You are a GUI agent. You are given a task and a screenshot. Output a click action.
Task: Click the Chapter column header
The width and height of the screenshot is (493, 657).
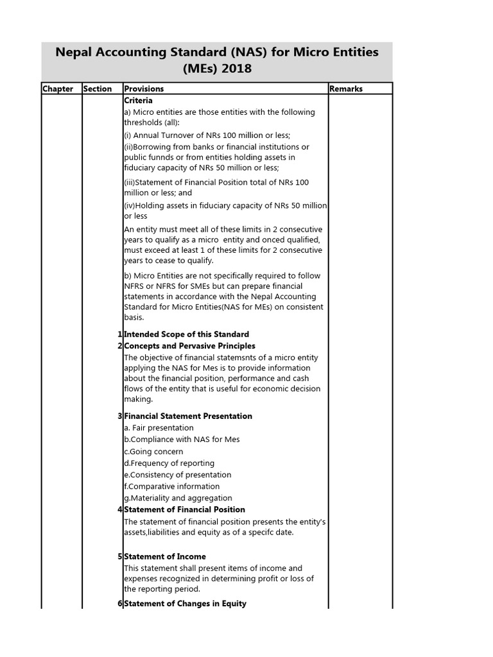58,89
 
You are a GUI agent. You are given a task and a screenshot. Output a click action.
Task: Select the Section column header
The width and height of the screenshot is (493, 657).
98,89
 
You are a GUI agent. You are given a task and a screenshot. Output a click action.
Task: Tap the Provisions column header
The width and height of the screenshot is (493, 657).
144,89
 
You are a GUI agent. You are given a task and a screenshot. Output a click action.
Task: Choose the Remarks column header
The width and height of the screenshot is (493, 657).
346,89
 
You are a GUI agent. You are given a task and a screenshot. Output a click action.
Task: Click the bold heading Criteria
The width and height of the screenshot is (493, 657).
138,101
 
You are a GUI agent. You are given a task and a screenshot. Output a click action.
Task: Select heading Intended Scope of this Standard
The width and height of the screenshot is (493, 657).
186,334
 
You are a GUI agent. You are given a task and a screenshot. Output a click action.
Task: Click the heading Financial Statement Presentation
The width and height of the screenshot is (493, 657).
187,416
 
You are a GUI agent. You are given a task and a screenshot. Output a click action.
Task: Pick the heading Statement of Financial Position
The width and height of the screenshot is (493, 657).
184,509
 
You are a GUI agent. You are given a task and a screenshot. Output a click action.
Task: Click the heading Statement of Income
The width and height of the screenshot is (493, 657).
164,556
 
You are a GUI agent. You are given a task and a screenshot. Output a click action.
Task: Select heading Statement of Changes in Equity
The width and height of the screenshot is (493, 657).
185,604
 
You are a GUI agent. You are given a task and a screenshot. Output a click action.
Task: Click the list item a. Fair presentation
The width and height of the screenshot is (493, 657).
159,428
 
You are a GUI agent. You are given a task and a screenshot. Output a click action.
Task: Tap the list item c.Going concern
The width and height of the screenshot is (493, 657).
153,452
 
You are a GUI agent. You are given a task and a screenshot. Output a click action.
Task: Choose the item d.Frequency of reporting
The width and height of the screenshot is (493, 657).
169,463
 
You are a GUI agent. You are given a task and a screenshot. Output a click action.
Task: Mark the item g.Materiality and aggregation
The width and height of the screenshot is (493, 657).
178,498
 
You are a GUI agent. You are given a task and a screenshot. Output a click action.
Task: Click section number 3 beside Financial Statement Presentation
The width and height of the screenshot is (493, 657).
120,416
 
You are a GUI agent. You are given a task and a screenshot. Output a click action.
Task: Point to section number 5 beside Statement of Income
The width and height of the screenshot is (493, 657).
120,556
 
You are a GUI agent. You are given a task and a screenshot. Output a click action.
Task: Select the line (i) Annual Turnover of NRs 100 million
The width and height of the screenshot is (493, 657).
207,135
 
